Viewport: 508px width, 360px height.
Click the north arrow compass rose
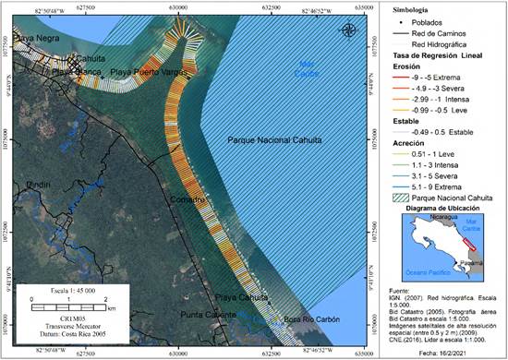pos(348,30)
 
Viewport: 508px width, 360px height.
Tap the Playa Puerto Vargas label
pos(144,71)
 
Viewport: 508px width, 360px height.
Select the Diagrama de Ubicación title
pos(442,209)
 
